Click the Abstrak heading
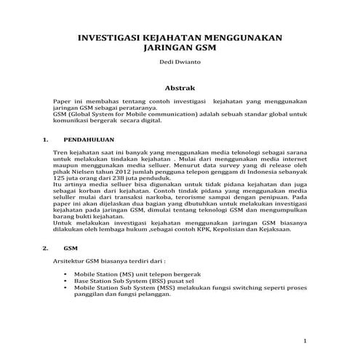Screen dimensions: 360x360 [180, 87]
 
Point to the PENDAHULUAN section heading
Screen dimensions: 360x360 [85, 137]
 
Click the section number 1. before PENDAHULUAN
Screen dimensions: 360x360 [46, 137]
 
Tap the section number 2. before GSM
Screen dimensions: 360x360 [46, 248]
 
